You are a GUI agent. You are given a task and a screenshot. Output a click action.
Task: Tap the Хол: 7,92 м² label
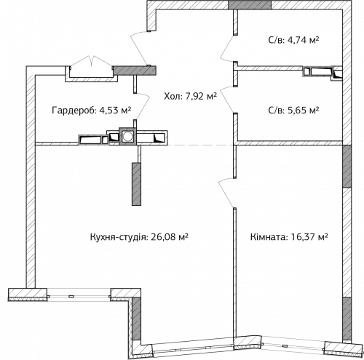(x=188, y=94)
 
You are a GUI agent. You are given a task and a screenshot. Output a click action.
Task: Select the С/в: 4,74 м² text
(x=293, y=42)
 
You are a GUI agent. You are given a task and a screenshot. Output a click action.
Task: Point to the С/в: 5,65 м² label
(x=293, y=111)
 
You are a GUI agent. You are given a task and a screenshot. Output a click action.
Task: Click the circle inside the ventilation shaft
(x=128, y=135)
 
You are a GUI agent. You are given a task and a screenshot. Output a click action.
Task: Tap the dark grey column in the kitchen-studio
(x=135, y=183)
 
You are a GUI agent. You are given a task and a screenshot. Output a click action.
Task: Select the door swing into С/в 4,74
(x=228, y=51)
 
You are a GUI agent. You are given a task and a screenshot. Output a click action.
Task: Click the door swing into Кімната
(x=226, y=191)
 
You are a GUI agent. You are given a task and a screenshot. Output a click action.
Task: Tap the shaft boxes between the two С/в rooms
(x=320, y=71)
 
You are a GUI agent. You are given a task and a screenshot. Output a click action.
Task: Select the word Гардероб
(x=73, y=111)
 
